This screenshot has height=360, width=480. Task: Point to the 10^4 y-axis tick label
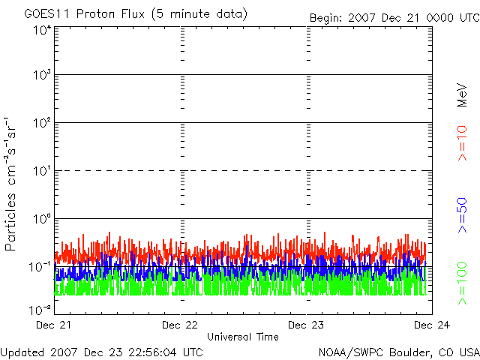click(42, 30)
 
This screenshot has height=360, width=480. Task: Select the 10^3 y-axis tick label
click(42, 75)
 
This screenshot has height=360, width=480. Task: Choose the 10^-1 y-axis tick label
click(40, 265)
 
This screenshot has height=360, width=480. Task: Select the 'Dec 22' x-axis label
click(180, 325)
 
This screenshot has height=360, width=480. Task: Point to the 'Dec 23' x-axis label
click(307, 325)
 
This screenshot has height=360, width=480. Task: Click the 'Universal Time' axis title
click(243, 337)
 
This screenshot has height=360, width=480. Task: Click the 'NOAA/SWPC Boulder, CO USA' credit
click(398, 351)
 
